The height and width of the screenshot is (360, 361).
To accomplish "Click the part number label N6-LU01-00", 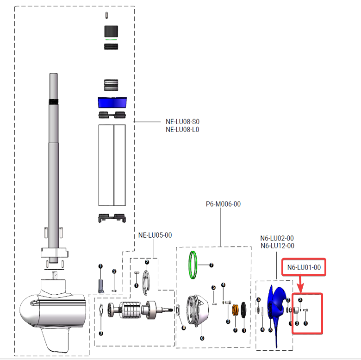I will click(304, 267).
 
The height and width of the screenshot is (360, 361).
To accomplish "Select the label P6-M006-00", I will click(224, 204).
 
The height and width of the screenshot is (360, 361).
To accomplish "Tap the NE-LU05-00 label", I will click(155, 235).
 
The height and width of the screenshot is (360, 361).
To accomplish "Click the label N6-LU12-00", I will click(277, 246).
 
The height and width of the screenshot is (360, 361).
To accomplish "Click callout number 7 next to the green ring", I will click(211, 265).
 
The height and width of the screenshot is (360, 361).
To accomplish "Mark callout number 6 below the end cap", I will click(202, 338).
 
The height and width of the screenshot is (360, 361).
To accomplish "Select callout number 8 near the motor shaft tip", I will click(184, 328).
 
